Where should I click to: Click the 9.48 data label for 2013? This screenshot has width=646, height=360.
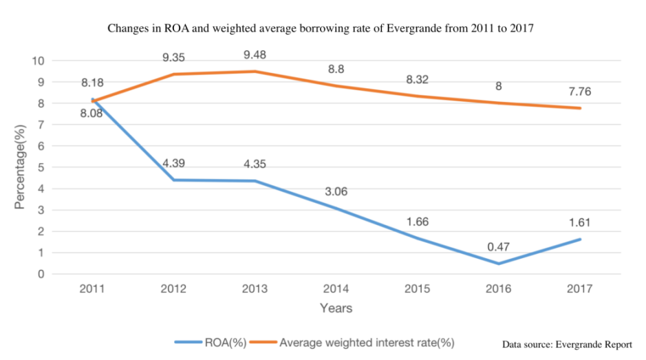[255, 52]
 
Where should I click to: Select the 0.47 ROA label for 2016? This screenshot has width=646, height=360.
[499, 246]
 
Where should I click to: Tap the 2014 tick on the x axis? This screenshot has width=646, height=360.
[336, 288]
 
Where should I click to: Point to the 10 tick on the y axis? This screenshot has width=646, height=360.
[39, 61]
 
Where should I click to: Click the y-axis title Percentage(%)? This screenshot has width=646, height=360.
[22, 167]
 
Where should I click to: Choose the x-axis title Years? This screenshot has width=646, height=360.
[336, 308]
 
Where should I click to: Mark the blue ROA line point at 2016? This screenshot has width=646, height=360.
[498, 264]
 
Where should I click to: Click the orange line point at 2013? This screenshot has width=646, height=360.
[255, 72]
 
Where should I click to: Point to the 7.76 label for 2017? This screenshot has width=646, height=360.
[579, 90]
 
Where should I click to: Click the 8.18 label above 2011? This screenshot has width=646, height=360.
[91, 83]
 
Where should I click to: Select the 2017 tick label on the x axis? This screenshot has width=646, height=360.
[579, 288]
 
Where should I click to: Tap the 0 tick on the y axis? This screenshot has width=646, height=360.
[41, 274]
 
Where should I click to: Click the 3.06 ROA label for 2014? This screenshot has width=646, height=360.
[336, 191]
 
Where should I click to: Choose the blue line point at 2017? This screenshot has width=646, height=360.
[579, 240]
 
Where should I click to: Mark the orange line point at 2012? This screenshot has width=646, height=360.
[173, 74]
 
